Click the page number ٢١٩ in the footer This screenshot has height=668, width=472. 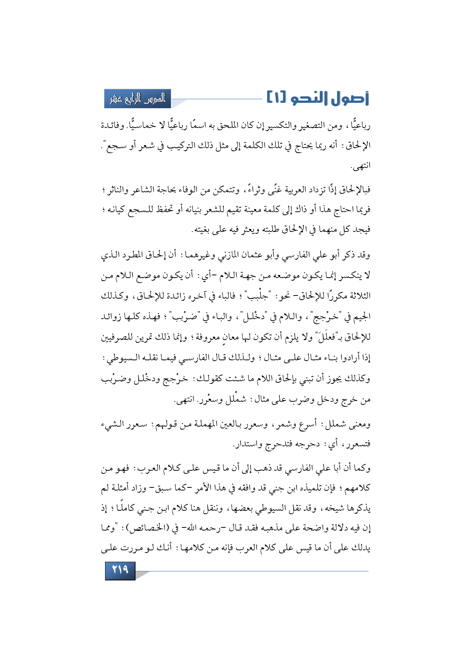pos(120,570)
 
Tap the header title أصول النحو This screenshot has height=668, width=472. pos(330,99)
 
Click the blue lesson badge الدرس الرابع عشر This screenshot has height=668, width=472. pos(138,99)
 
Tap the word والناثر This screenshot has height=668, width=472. pos(115,189)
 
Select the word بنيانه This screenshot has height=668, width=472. pos(198,209)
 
